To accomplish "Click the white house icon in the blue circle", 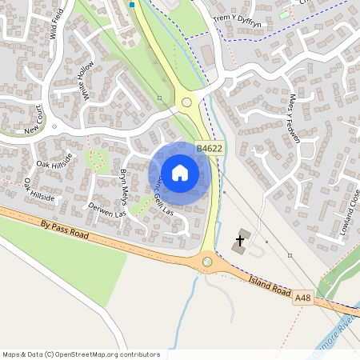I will click(x=180, y=171).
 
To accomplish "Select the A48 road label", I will click(x=302, y=298).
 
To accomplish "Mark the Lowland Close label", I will click(x=350, y=210).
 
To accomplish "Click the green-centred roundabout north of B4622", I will click(x=187, y=102).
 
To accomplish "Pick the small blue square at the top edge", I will click(x=132, y=4).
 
